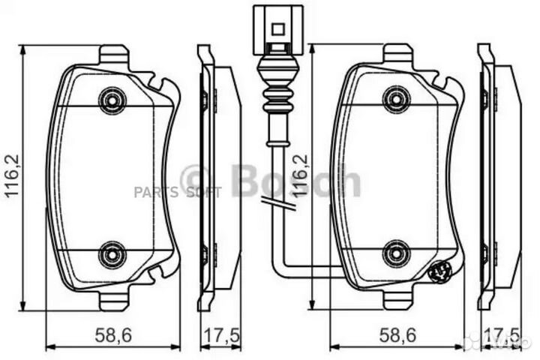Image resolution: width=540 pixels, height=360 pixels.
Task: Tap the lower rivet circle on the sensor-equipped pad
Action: pos(396,253)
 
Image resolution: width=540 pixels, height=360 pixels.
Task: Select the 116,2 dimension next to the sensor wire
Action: pos(299,176)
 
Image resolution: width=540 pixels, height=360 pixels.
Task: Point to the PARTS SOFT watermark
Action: pos(177,193)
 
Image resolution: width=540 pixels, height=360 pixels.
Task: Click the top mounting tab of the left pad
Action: pos(113,54)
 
